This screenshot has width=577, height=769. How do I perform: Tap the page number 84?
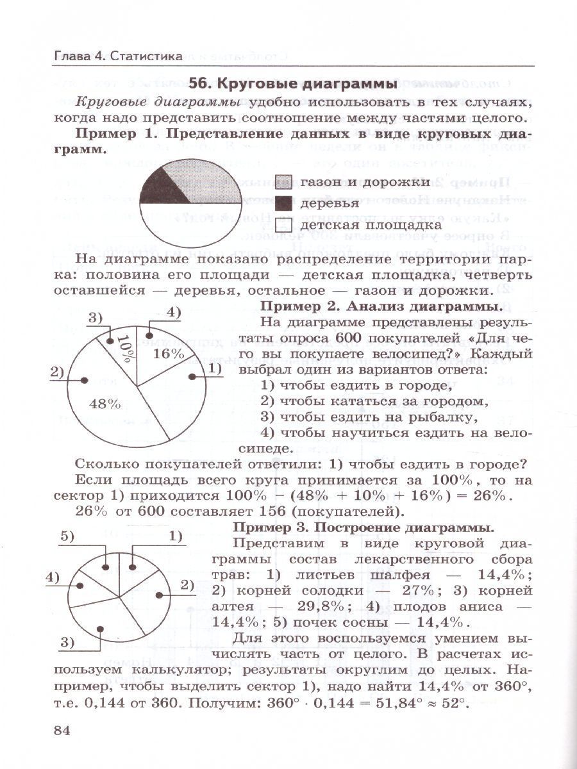click(x=66, y=732)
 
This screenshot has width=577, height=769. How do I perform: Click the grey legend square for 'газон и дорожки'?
click(x=285, y=183)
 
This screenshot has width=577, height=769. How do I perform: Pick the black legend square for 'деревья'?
click(x=285, y=204)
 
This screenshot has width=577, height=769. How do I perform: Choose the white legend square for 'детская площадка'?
click(x=285, y=225)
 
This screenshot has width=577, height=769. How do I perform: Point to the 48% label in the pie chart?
click(x=106, y=404)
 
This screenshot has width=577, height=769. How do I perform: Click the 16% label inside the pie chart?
click(x=169, y=353)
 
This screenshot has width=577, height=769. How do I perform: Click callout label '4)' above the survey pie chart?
click(x=174, y=312)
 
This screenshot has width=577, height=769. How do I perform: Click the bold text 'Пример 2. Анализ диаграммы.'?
click(x=383, y=306)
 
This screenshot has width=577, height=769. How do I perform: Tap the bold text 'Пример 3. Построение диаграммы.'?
click(x=363, y=527)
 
